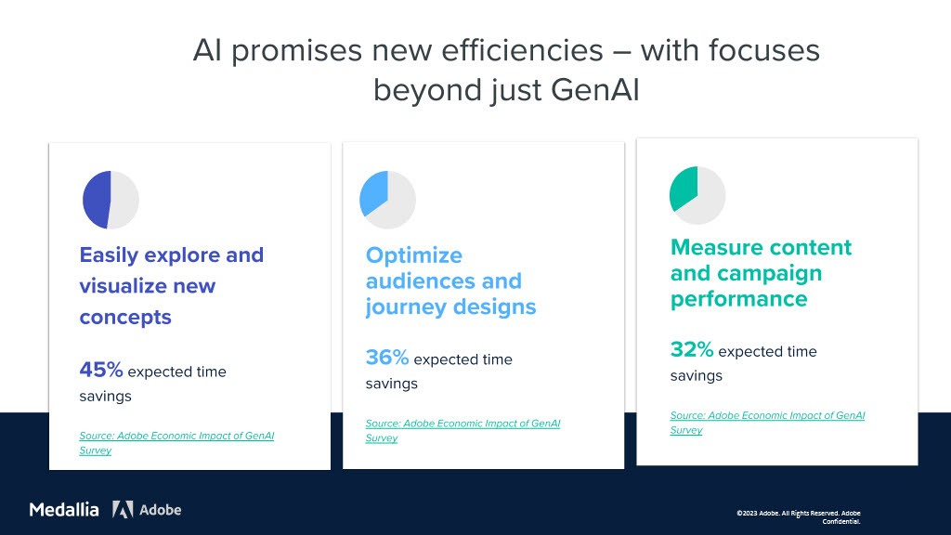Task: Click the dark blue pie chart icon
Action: pos(111,200)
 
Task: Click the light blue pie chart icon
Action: pos(387,200)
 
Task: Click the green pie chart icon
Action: pos(697,195)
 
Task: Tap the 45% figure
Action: pos(101,370)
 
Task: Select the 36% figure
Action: pos(387,358)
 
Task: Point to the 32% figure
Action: pos(692,349)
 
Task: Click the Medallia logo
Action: pos(64,510)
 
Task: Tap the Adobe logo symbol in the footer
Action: pos(123,510)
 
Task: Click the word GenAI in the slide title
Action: pos(595,90)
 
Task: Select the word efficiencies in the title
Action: pos(522,50)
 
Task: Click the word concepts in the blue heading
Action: pos(125,318)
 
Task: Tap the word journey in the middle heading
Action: pos(407,307)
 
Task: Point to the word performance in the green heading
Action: pos(738,300)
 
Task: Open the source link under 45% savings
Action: pos(176,443)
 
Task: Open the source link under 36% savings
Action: pos(462,431)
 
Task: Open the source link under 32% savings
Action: pos(767,423)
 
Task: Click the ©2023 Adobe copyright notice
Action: pos(799,516)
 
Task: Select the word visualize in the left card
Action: pos(148,286)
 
